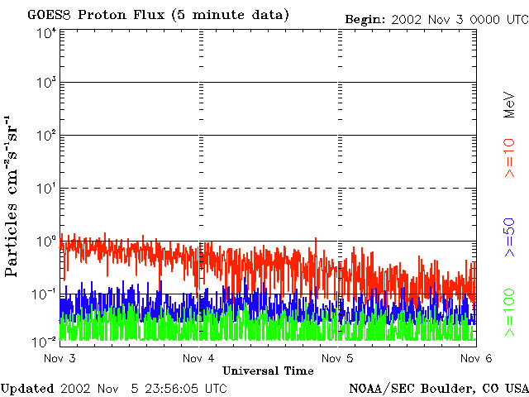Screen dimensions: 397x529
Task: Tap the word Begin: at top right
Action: tap(365, 19)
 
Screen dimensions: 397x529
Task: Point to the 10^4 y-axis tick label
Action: tap(45, 32)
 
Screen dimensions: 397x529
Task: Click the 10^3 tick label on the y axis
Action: tap(45, 83)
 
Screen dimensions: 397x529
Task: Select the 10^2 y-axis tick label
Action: tap(45, 135)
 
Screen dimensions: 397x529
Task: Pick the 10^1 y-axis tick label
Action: tap(45, 188)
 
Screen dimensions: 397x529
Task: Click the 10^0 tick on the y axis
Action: tap(45, 241)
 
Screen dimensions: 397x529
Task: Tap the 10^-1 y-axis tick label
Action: tap(45, 293)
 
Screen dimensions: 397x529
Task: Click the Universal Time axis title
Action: tap(268, 371)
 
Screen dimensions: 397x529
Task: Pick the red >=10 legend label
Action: tap(510, 158)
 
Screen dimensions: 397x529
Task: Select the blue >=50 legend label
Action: tap(510, 236)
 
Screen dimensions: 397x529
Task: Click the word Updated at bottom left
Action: tap(26, 388)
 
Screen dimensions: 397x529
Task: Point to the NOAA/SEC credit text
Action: tap(438, 388)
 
